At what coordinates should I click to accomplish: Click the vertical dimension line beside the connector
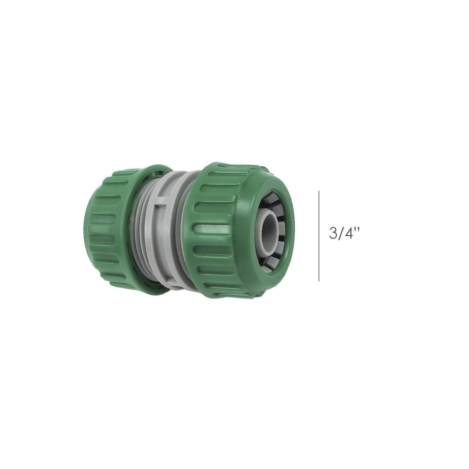click(x=319, y=236)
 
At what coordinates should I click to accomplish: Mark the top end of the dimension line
click(x=319, y=191)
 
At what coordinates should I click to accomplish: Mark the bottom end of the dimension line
click(x=319, y=280)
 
